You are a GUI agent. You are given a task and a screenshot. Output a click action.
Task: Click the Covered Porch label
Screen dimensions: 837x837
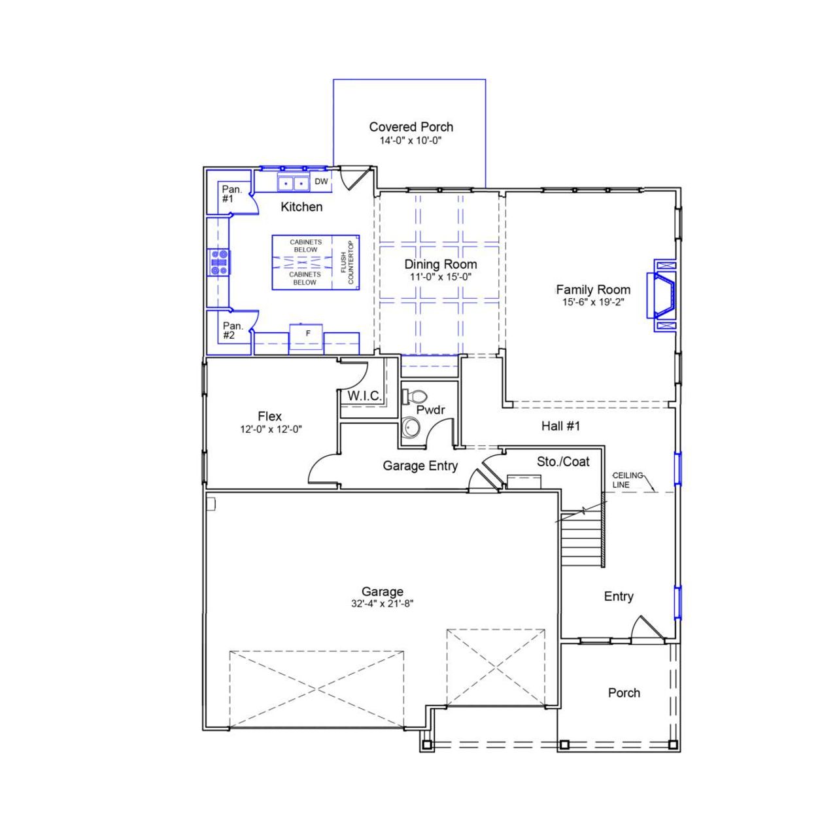[x=411, y=127]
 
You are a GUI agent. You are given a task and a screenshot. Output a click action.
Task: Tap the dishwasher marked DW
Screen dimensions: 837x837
[x=321, y=182]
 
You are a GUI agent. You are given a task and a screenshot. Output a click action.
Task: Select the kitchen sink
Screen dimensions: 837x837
[x=292, y=183]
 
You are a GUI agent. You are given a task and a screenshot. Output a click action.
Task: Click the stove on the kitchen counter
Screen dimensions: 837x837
[x=218, y=262]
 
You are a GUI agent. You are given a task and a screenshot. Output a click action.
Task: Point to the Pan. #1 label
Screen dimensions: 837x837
[x=231, y=194]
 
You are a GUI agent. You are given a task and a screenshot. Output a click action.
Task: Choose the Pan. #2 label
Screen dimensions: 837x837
[x=232, y=330]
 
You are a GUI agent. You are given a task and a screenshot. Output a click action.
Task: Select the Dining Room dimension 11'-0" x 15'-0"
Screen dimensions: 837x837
[x=440, y=277]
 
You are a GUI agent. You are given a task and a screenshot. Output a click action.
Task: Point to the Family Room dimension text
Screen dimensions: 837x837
[x=593, y=302]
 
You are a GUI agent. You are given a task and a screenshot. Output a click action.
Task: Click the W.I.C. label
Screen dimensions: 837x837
[x=364, y=396]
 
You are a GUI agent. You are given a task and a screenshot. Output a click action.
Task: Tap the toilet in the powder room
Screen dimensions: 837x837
[x=415, y=396]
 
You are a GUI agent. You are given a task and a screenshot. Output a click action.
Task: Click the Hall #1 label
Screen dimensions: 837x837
[x=560, y=426]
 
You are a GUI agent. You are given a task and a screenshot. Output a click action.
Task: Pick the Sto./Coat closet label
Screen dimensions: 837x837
[x=563, y=462]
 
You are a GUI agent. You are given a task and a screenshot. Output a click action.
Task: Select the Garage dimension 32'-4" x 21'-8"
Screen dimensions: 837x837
[x=382, y=604]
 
